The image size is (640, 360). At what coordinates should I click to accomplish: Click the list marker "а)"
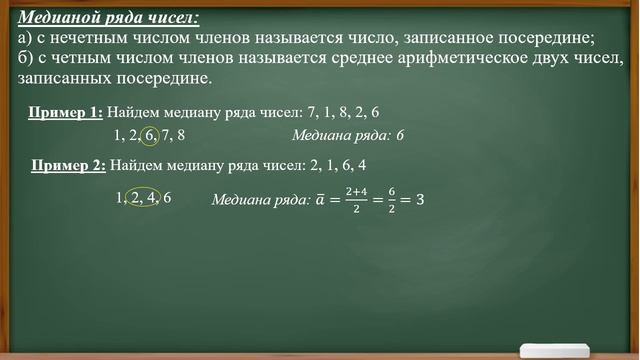[x=27, y=38]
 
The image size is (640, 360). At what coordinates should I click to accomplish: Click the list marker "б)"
[x=27, y=57]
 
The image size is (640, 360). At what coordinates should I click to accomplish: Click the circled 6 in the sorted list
[x=150, y=134]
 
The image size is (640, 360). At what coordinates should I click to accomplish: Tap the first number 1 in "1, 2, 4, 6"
[x=120, y=197]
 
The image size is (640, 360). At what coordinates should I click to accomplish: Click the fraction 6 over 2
[x=393, y=199]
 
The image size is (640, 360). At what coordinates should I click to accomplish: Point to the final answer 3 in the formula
[x=420, y=199]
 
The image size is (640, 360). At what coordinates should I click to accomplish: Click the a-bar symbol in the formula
[x=320, y=199]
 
